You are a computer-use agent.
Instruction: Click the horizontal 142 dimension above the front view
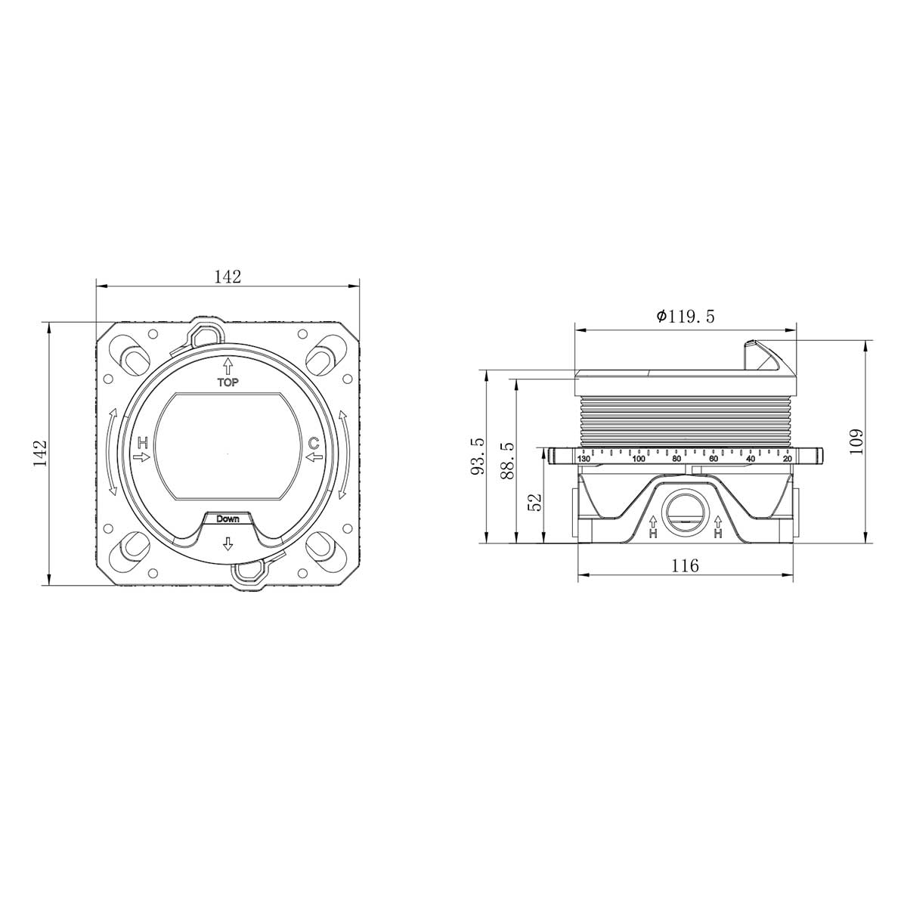point(227,277)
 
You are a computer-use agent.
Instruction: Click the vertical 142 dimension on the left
point(41,453)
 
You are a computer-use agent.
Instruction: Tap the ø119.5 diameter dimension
point(686,317)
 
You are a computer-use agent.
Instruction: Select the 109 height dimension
point(855,441)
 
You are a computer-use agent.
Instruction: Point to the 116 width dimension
point(685,565)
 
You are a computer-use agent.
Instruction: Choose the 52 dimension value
point(536,503)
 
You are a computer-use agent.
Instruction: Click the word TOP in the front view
point(228,382)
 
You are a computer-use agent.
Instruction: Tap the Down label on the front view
point(228,519)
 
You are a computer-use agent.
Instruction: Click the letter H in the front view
point(142,442)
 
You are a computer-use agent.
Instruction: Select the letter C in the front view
point(313,442)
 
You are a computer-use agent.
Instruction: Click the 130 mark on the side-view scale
point(584,459)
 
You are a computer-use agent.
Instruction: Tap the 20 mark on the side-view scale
point(787,459)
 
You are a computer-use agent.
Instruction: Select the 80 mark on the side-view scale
point(676,459)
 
